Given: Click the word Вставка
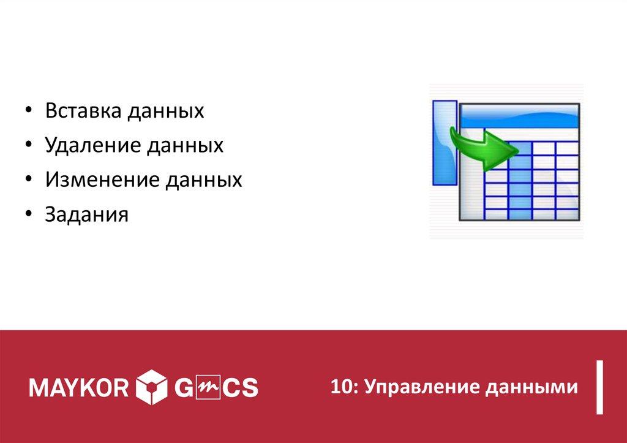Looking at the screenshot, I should [x=83, y=112].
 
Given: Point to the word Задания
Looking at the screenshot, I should [x=86, y=214].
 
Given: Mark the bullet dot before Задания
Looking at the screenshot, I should [x=30, y=215].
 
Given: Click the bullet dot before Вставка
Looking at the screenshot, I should [x=30, y=112].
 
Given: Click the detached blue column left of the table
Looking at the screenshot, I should [x=443, y=142].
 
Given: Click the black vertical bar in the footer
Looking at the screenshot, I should [x=601, y=388].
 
